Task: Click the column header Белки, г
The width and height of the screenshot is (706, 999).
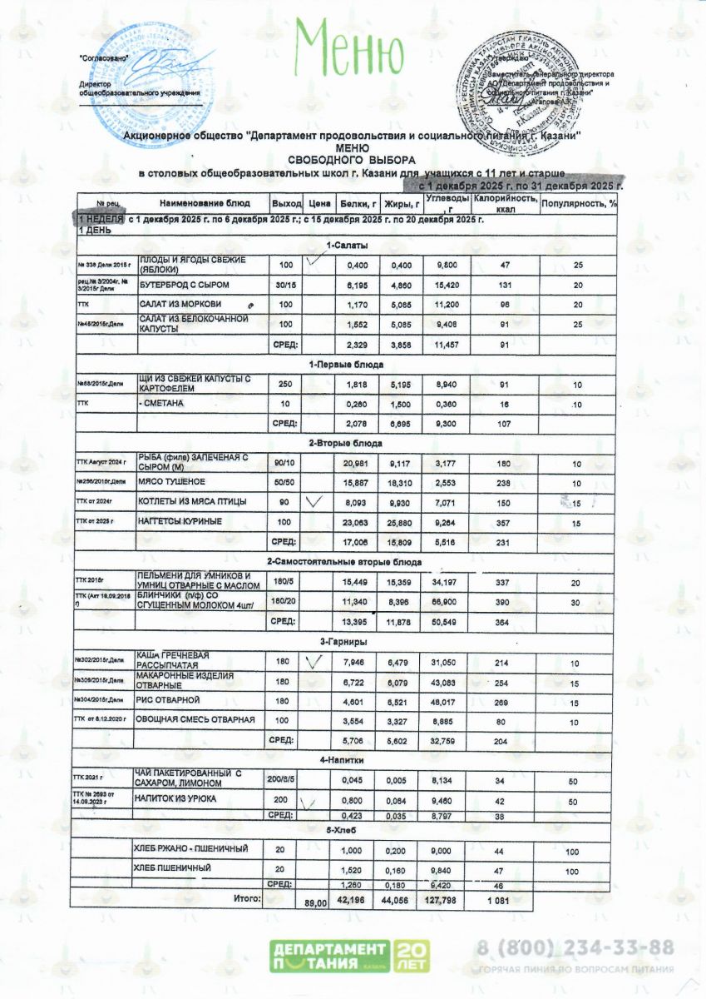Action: point(358,203)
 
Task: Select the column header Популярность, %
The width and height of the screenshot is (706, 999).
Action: point(579,203)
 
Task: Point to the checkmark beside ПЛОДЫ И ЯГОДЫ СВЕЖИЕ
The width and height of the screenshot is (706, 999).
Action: point(314,261)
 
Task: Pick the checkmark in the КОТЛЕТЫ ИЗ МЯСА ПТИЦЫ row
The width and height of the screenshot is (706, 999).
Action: point(314,501)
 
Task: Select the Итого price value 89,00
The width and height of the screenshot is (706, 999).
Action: point(314,903)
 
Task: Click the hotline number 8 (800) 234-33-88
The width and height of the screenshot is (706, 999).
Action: point(575,948)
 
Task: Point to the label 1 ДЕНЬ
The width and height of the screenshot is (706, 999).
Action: point(90,231)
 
